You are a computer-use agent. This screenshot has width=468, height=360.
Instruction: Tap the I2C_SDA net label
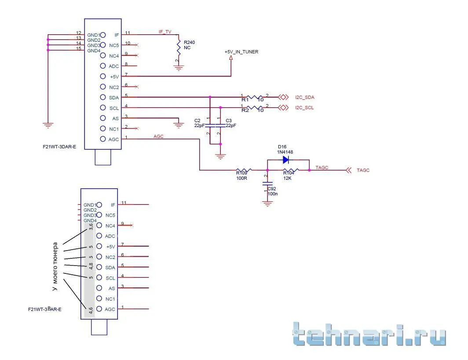tap(305, 97)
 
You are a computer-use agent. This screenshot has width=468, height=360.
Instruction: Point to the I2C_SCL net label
tap(305, 108)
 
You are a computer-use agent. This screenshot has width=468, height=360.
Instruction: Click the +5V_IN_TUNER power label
tap(241, 52)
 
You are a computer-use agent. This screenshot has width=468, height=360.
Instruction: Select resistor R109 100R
tap(243, 170)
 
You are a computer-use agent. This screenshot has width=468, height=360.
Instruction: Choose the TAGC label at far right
tap(363, 170)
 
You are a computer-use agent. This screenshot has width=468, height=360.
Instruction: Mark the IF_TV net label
tap(165, 32)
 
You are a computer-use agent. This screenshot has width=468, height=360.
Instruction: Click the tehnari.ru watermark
tap(369, 335)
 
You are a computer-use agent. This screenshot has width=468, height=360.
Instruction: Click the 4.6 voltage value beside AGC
tap(91, 310)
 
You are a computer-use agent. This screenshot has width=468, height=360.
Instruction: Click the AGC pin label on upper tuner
tap(113, 139)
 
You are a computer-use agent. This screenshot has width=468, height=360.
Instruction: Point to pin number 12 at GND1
tap(78, 33)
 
